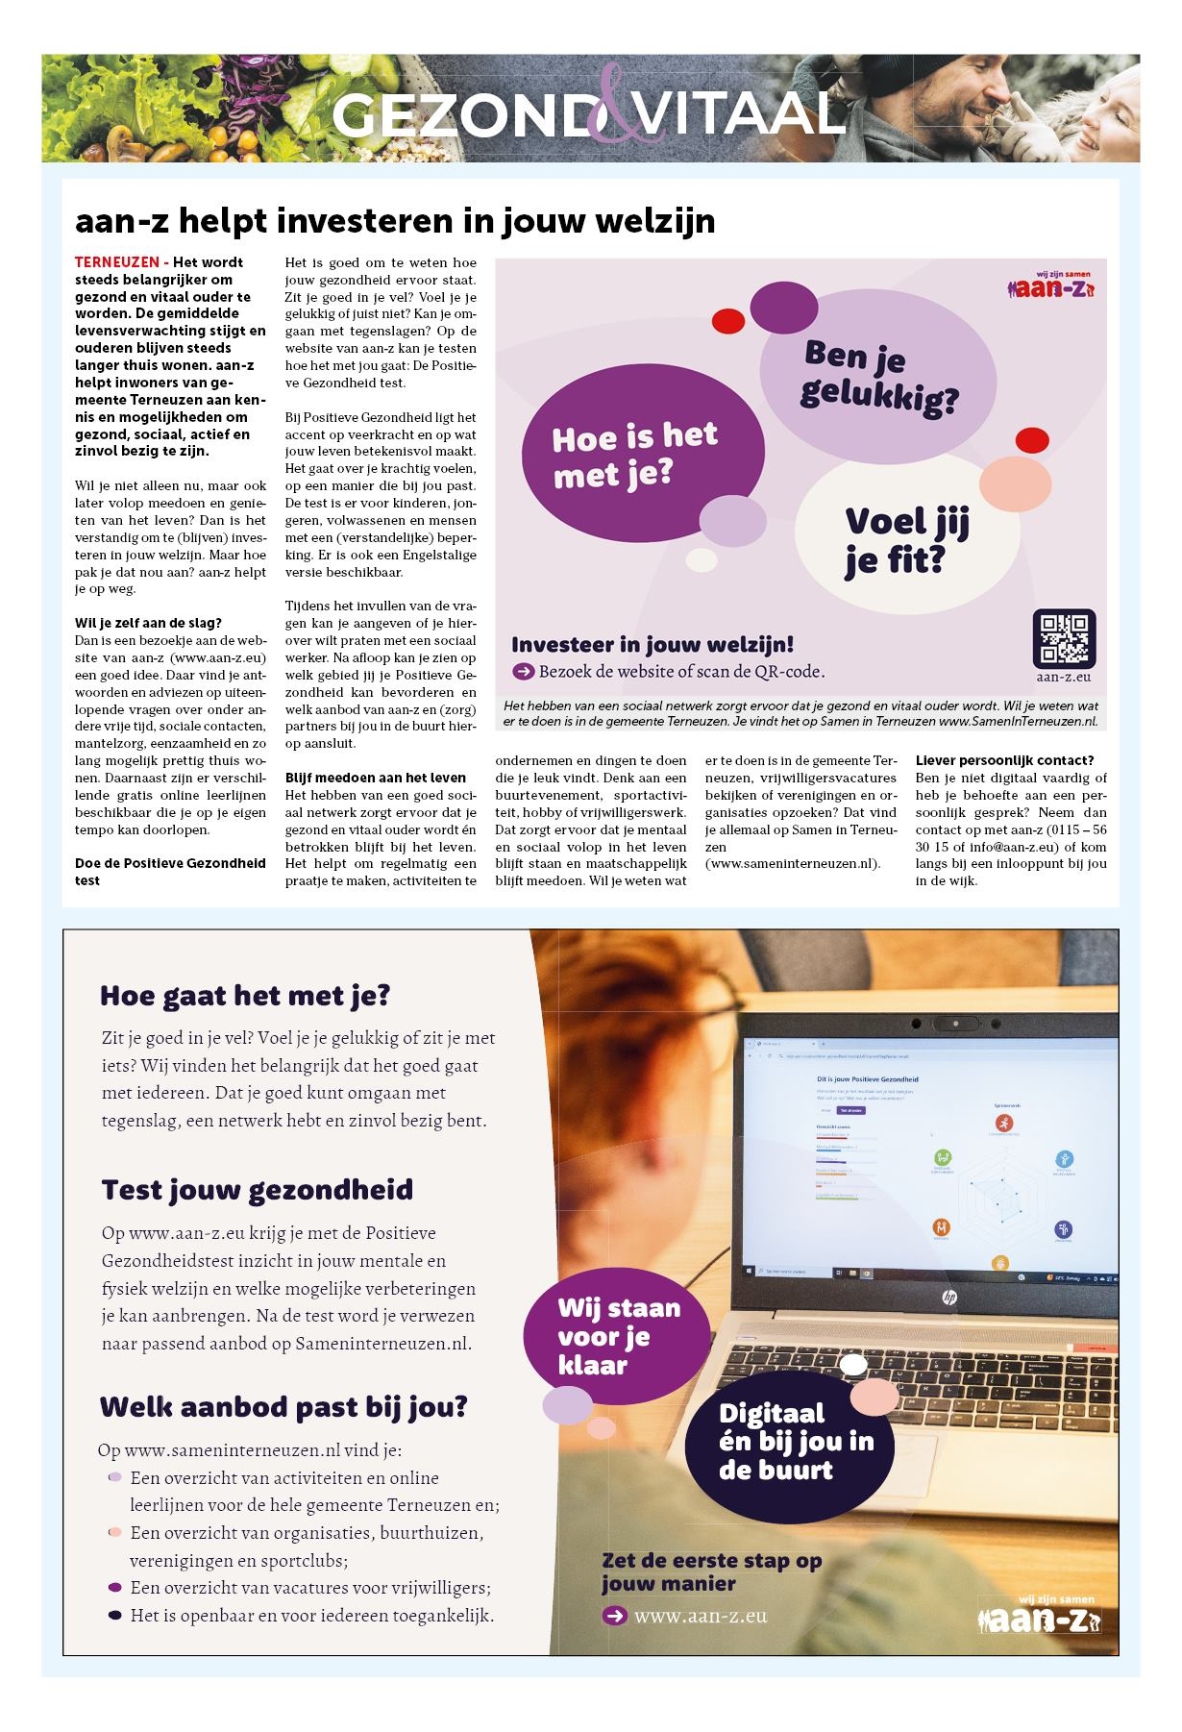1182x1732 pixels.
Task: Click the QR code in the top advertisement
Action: pyautogui.click(x=1064, y=638)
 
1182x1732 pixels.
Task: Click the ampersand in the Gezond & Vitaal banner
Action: pyautogui.click(x=607, y=107)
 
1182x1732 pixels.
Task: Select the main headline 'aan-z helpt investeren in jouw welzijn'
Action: pyautogui.click(x=395, y=221)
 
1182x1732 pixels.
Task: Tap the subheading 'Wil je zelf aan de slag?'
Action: pyautogui.click(x=148, y=623)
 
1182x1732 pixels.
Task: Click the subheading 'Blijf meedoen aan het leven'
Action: pyautogui.click(x=375, y=778)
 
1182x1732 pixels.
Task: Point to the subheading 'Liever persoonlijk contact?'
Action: pyautogui.click(x=1004, y=760)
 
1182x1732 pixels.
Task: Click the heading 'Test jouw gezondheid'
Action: pyautogui.click(x=257, y=1190)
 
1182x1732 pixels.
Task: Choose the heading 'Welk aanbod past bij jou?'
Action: pyautogui.click(x=283, y=1407)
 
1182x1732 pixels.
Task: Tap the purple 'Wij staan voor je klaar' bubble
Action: pyautogui.click(x=617, y=1336)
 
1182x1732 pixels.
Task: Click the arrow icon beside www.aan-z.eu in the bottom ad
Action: pyautogui.click(x=614, y=1616)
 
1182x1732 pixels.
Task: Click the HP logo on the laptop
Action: pyautogui.click(x=948, y=1297)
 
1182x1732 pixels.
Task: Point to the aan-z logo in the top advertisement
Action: pyautogui.click(x=1050, y=286)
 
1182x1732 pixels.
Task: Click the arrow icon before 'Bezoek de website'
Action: pyautogui.click(x=523, y=672)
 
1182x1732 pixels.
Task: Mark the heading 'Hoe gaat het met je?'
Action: pyautogui.click(x=245, y=996)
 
